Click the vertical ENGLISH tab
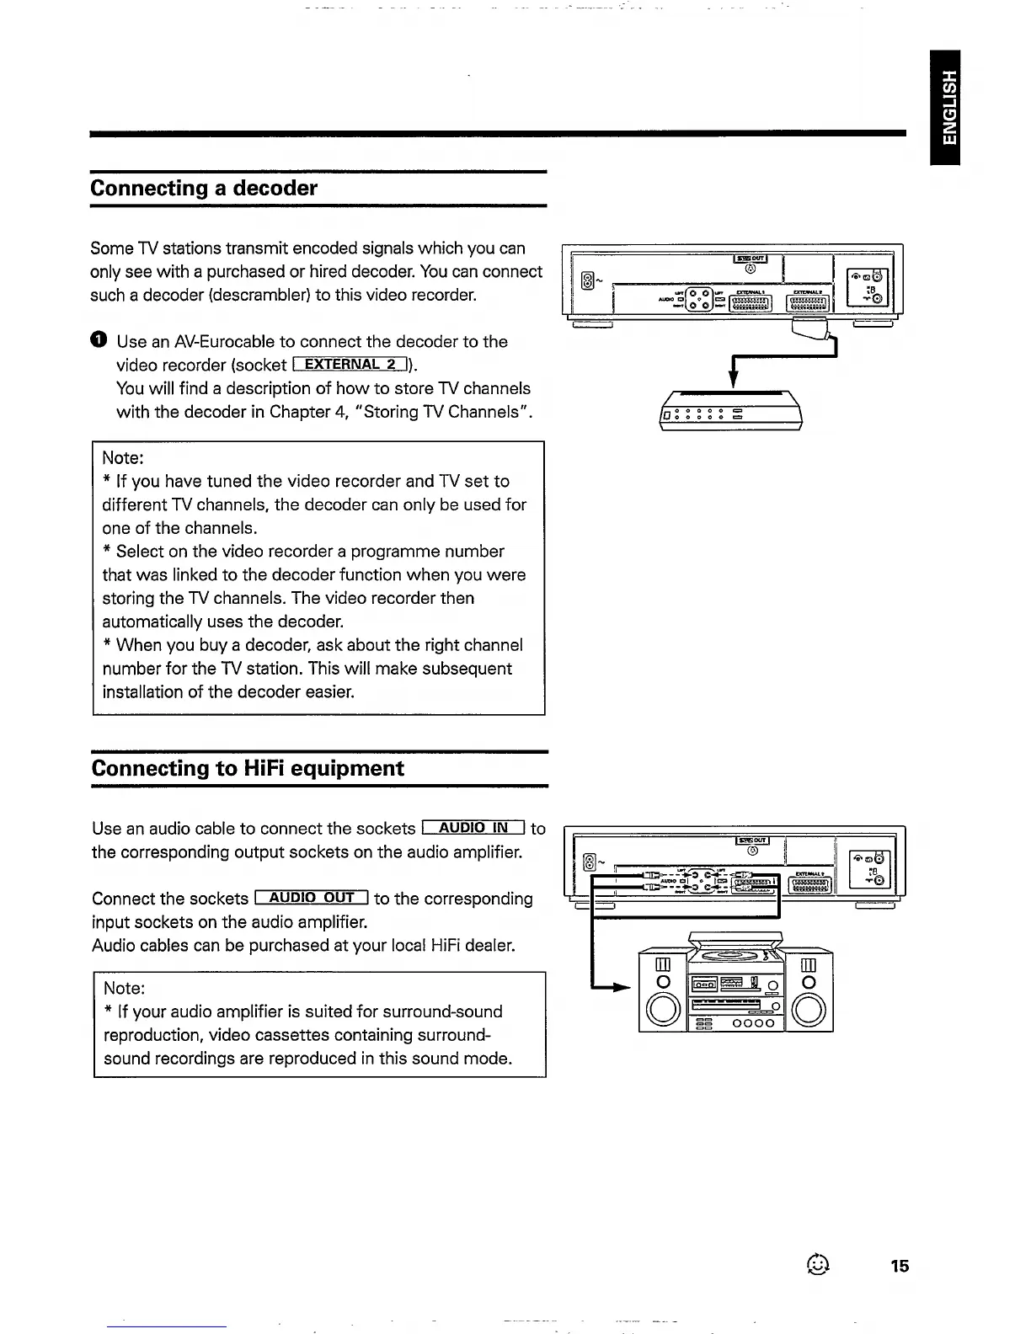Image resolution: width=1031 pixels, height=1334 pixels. coord(948,107)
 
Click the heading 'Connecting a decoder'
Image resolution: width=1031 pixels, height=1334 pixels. coord(204,188)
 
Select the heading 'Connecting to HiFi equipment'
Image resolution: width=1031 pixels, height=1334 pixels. coord(248,768)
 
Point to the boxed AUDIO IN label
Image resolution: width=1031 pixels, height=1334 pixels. coord(473,828)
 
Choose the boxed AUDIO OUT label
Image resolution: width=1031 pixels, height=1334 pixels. coord(311,898)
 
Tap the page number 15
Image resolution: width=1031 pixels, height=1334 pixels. coord(900,1266)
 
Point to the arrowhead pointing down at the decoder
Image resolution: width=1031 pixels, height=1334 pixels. coord(733,381)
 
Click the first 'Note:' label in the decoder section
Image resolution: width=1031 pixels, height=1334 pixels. coord(123,458)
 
